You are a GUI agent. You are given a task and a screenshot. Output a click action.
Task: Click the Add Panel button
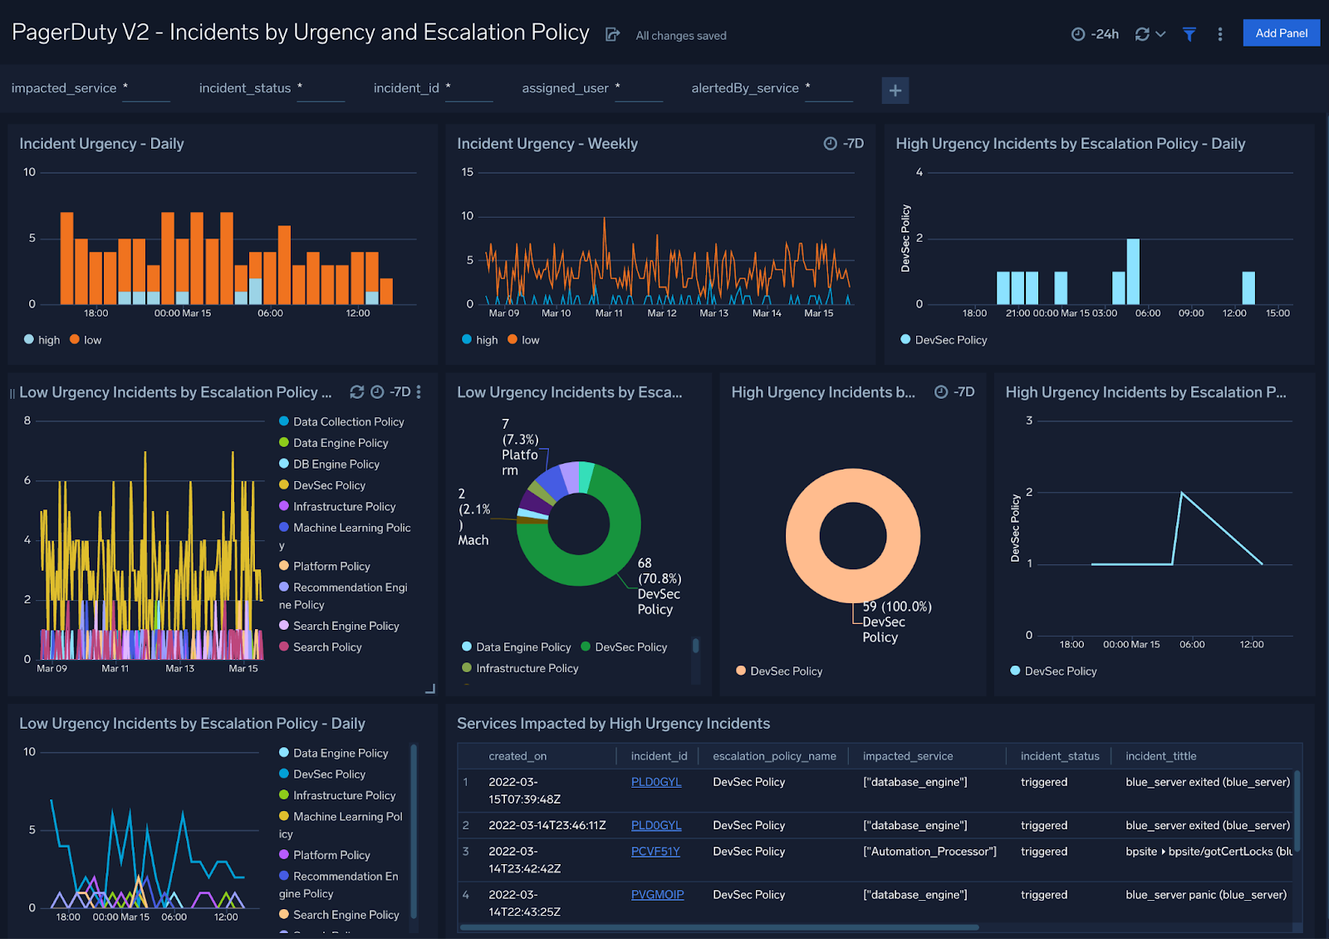(x=1281, y=33)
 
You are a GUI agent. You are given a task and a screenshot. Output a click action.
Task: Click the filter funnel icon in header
(x=1189, y=34)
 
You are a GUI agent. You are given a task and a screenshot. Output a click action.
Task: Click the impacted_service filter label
(x=64, y=88)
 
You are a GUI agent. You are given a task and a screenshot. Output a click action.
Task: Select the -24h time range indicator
(x=1096, y=34)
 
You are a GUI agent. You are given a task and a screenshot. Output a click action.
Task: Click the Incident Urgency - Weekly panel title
(x=547, y=144)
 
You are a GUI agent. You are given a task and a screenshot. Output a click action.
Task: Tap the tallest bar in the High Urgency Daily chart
(x=1133, y=272)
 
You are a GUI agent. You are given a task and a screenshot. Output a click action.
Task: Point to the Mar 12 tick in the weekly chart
(x=662, y=313)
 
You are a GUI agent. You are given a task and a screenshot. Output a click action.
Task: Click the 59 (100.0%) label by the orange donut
(x=897, y=607)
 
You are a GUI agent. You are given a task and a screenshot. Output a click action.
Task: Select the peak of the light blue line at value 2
(x=1182, y=494)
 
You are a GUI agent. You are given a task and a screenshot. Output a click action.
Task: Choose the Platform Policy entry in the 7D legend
(x=331, y=566)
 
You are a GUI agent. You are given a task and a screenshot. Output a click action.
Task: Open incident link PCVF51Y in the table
(x=655, y=852)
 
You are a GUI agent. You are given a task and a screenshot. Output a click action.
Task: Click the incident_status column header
(x=1060, y=756)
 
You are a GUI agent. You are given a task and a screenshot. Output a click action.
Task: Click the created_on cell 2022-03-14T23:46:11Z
(x=547, y=825)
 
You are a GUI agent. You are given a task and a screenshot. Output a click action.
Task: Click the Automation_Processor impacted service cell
(x=929, y=852)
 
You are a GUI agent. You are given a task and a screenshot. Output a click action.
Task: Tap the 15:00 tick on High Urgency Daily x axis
(x=1278, y=313)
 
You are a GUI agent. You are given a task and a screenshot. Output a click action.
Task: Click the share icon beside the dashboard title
(x=613, y=34)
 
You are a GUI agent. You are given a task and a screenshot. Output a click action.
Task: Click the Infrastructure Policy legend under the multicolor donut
(x=527, y=668)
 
